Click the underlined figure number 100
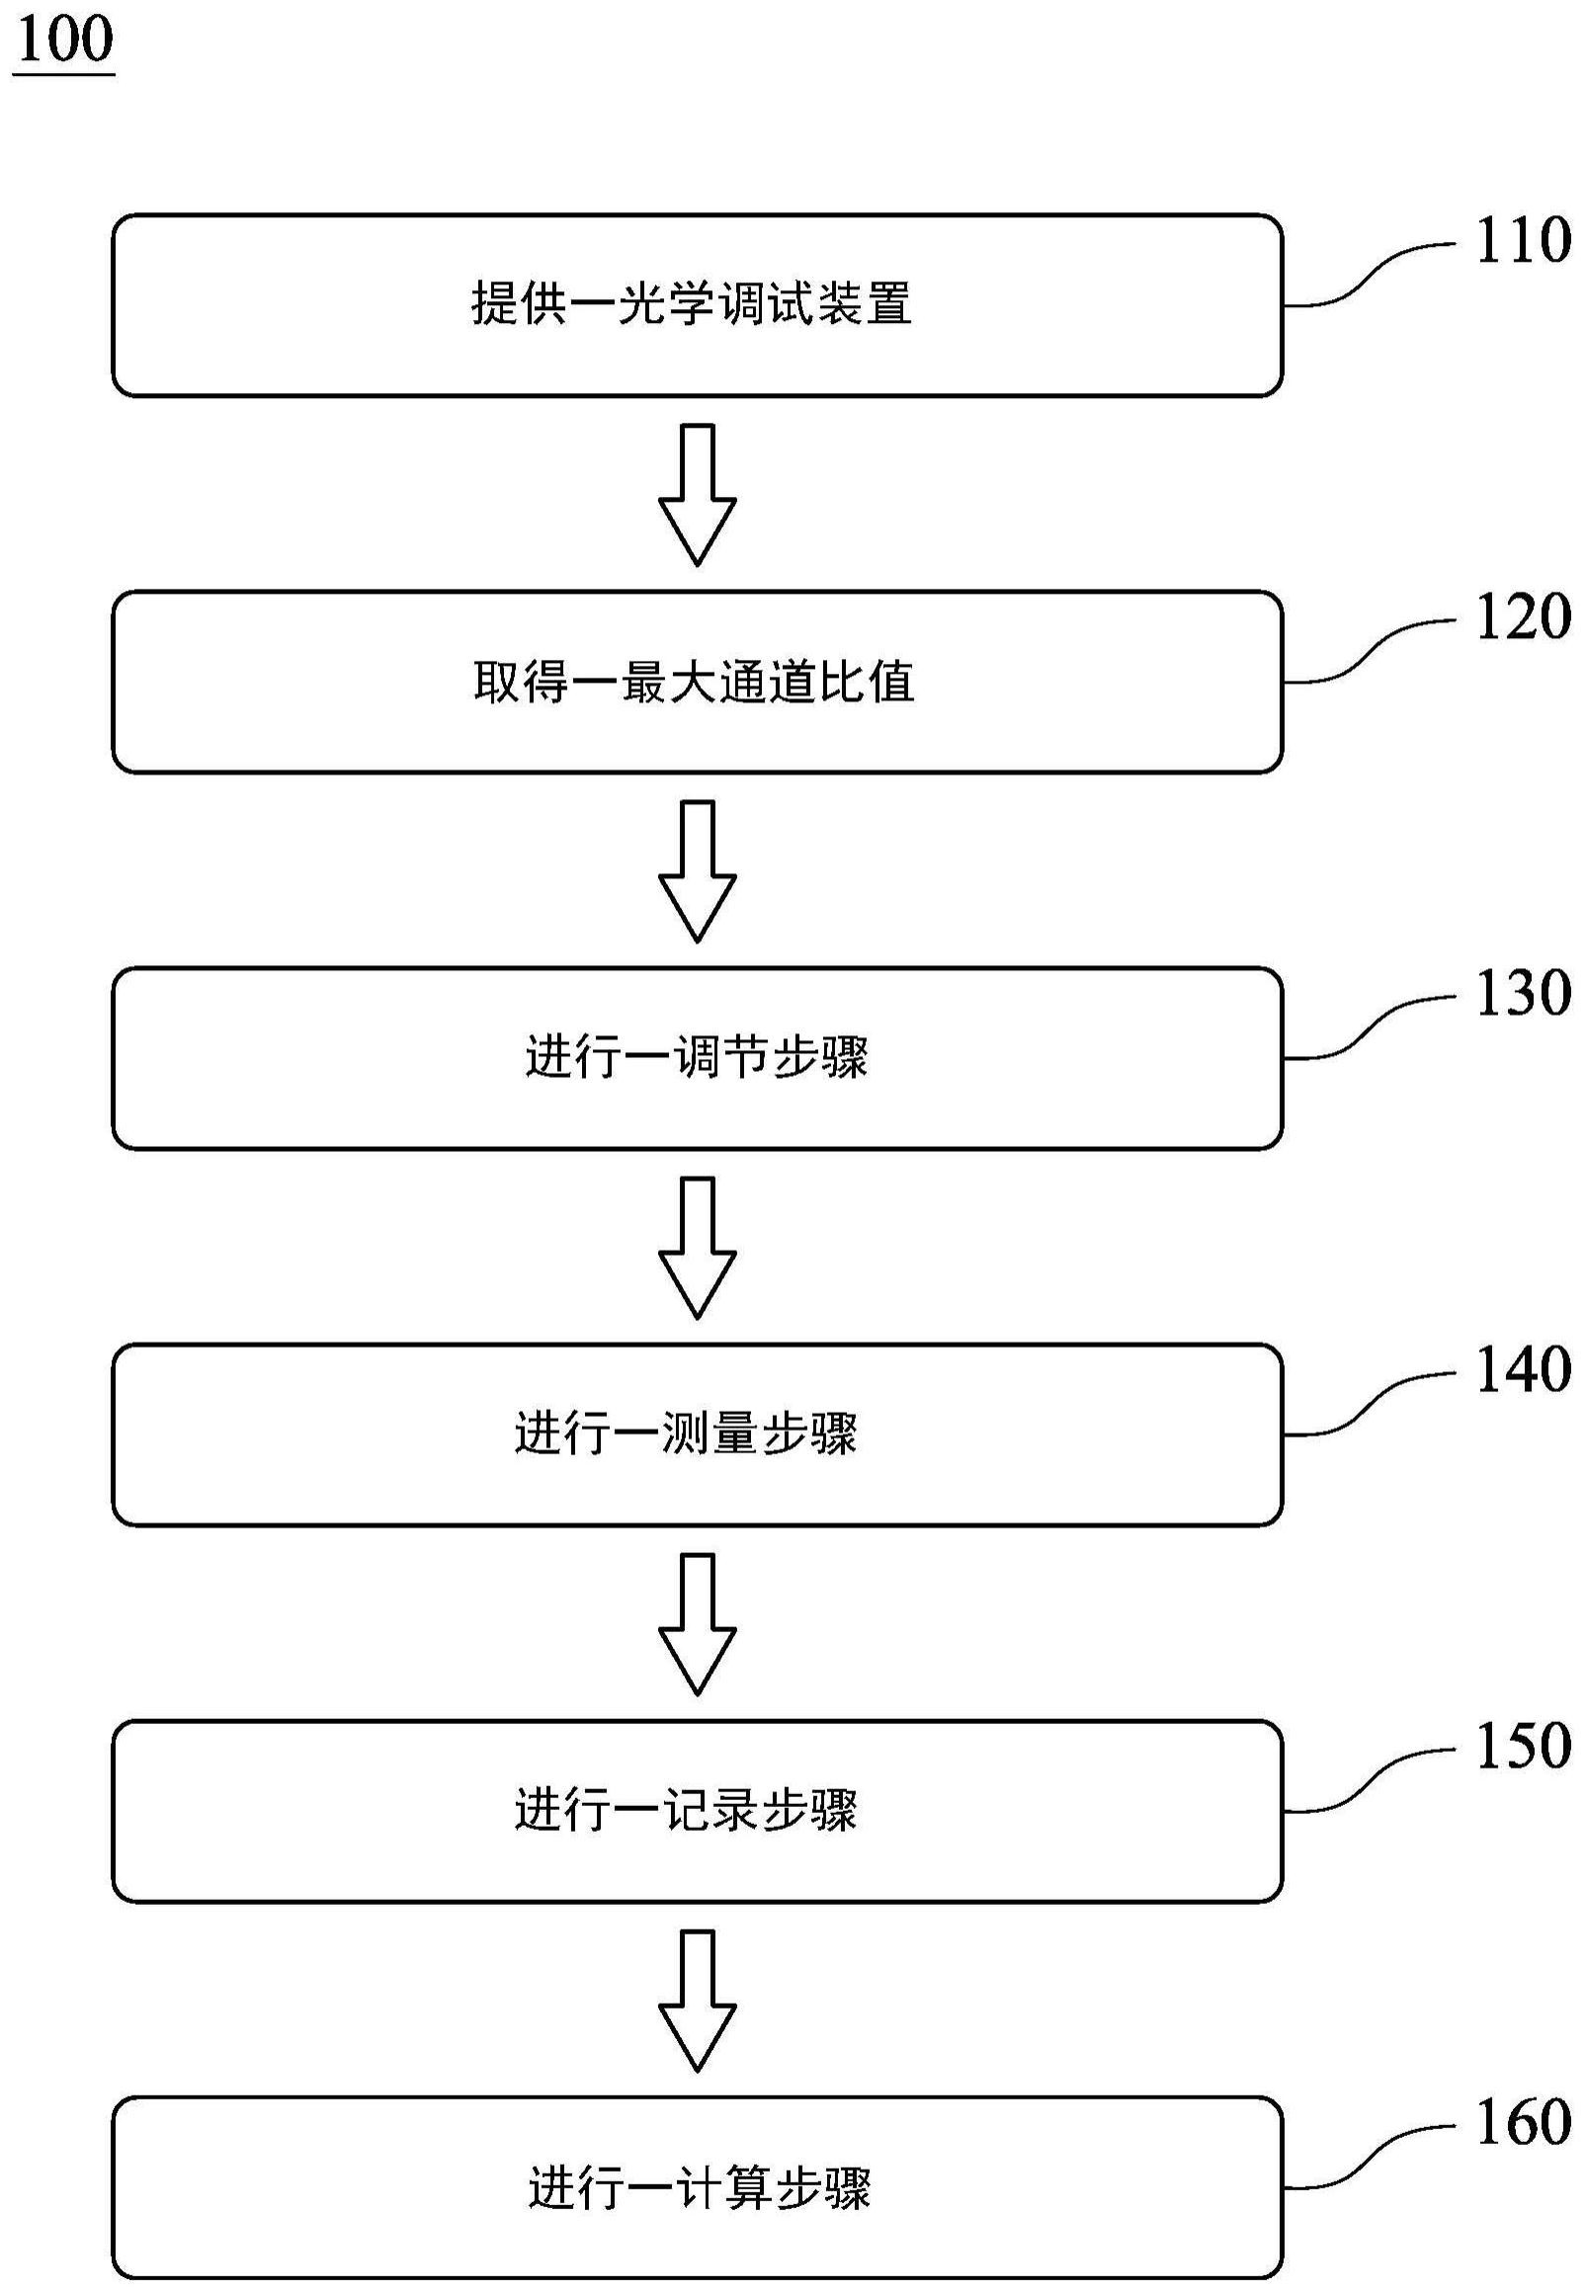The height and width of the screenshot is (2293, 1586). [x=64, y=41]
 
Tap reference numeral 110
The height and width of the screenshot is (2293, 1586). [x=1523, y=240]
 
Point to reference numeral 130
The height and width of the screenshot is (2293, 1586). [x=1523, y=994]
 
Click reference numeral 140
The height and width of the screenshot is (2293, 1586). [x=1523, y=1370]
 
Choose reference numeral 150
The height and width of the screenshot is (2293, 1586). [x=1523, y=1747]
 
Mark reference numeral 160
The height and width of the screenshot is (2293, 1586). [x=1523, y=2123]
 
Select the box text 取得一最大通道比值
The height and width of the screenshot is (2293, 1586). [x=694, y=683]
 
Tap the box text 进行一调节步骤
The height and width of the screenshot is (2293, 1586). [x=697, y=1058]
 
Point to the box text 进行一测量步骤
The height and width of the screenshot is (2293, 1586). [x=686, y=1434]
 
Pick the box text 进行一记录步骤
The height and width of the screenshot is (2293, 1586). [x=686, y=1811]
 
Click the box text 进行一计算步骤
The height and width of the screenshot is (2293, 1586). [x=699, y=2187]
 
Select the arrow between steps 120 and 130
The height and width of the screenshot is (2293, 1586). [x=698, y=871]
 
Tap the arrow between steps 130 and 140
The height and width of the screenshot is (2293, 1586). [x=698, y=1248]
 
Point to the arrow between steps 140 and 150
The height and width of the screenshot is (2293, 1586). [x=698, y=1624]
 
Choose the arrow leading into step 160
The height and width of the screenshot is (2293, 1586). [x=698, y=2001]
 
